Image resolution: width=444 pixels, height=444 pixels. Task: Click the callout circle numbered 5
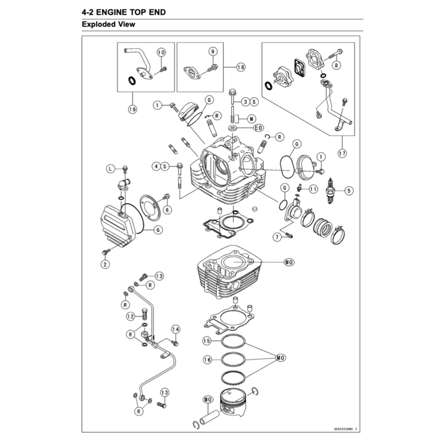[x=349, y=190]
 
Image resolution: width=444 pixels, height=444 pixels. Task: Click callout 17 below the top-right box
[x=342, y=153]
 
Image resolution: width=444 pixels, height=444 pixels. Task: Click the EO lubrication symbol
[x=258, y=128]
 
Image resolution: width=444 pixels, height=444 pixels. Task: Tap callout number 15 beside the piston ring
[x=208, y=341]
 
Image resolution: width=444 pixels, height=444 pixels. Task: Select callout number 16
[x=208, y=359]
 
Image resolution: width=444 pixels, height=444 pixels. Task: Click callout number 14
[x=175, y=329]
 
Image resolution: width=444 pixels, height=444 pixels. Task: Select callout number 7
[x=277, y=237]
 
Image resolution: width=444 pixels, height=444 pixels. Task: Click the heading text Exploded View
[x=108, y=24]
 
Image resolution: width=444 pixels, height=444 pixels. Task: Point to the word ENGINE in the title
[x=113, y=12]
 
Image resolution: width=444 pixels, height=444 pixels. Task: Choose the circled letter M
[x=252, y=118]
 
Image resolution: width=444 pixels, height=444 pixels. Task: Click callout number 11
[x=313, y=189]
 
